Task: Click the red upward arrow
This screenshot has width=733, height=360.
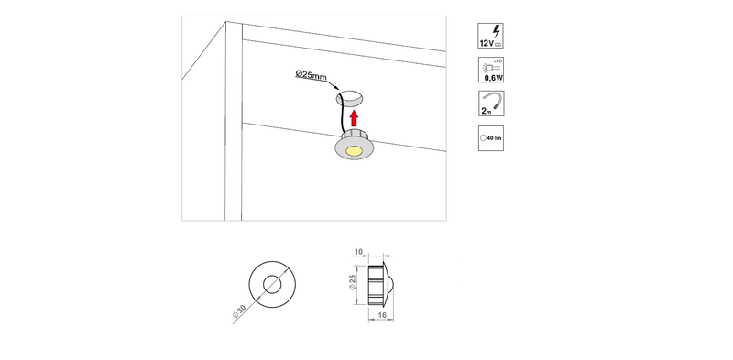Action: tap(354, 119)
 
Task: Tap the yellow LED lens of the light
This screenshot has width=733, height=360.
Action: tap(354, 150)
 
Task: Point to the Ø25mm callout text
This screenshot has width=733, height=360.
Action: tap(311, 75)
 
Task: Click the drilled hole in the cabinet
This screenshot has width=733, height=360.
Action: tap(350, 98)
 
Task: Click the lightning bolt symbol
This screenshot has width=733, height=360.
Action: tap(497, 32)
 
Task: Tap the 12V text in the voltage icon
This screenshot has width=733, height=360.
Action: tap(487, 43)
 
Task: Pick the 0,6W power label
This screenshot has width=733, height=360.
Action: tap(494, 78)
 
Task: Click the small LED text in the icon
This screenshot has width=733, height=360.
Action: tap(498, 60)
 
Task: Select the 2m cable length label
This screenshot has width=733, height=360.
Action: tap(487, 112)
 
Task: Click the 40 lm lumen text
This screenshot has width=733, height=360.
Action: tap(494, 138)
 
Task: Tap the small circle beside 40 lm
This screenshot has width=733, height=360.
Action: tap(484, 138)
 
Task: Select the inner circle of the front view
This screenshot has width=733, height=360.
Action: tap(272, 284)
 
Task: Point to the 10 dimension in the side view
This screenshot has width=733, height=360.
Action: tap(358, 252)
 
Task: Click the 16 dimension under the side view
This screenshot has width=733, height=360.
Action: tap(381, 316)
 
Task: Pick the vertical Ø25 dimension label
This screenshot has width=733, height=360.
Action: tap(353, 282)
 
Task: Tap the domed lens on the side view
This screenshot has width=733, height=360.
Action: tap(390, 285)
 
